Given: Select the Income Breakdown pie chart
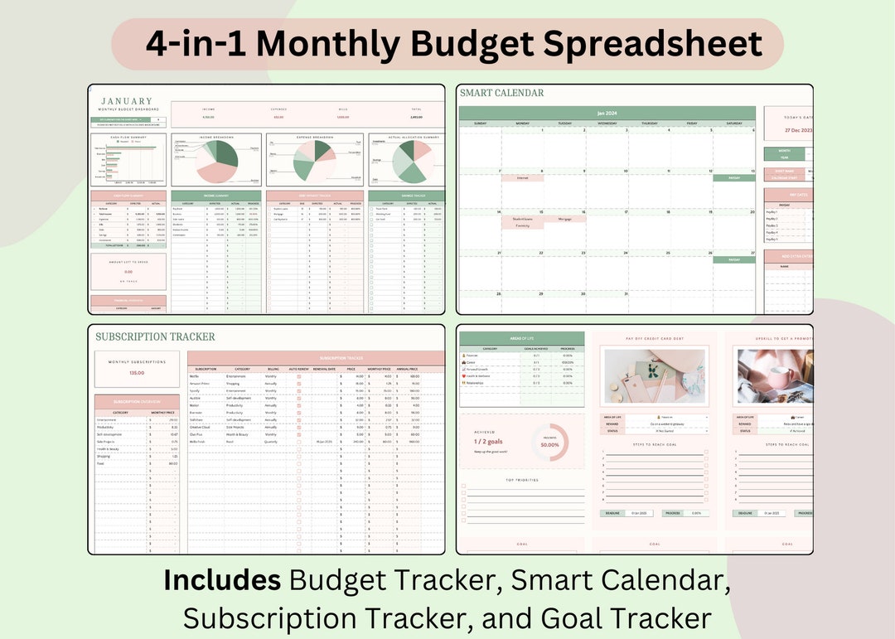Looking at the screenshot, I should click(x=215, y=162).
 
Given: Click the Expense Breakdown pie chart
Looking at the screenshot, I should click(x=314, y=159).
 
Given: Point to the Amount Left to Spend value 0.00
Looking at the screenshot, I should click(x=128, y=271).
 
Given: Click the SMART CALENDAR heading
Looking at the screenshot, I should click(x=502, y=93).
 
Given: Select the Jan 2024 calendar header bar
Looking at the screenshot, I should click(x=607, y=113).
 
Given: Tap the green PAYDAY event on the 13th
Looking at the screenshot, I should click(x=733, y=177).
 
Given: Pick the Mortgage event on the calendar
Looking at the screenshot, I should click(x=565, y=219).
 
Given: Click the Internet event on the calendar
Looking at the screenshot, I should click(x=522, y=177).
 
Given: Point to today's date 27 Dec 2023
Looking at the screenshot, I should click(x=788, y=131).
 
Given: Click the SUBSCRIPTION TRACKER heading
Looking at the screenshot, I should click(x=155, y=336).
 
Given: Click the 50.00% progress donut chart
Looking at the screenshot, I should click(x=549, y=443).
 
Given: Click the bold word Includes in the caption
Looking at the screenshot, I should click(x=221, y=580).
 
